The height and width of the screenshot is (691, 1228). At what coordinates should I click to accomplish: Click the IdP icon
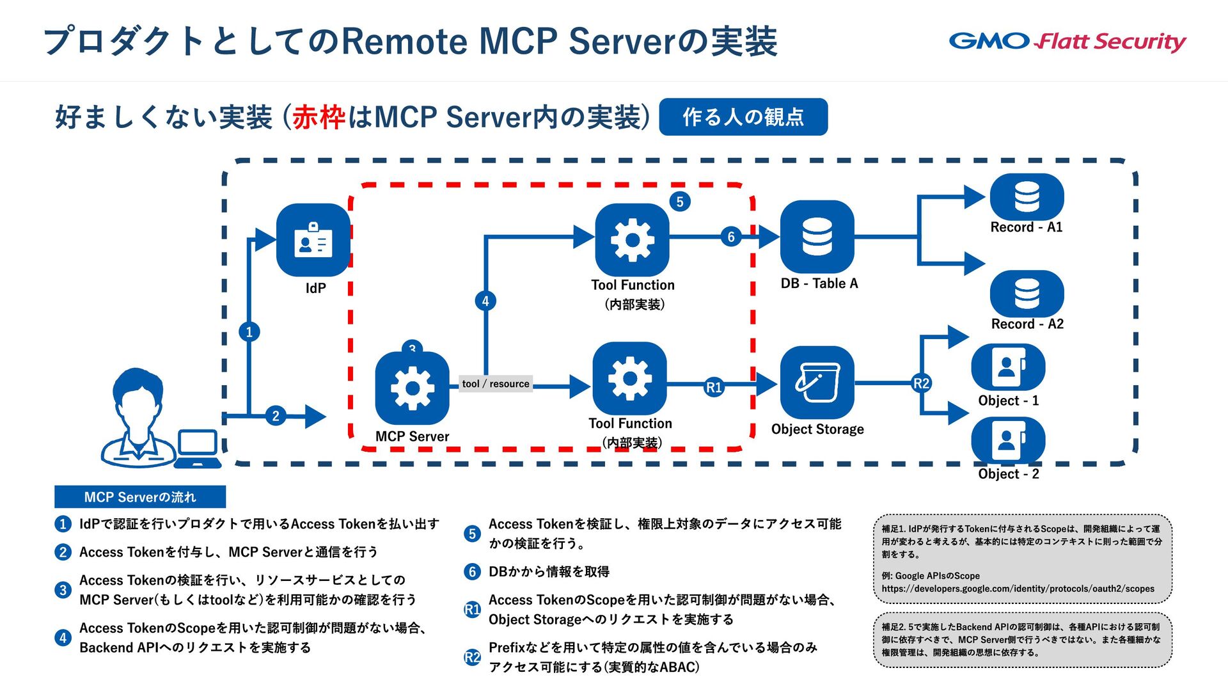point(313,240)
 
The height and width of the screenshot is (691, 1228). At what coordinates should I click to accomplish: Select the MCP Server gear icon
point(413,388)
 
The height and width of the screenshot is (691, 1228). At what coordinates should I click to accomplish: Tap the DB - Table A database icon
point(817,237)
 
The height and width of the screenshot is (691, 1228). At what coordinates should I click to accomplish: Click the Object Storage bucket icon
point(817,383)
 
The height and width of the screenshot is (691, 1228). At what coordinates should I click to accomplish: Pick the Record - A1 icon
point(1027,196)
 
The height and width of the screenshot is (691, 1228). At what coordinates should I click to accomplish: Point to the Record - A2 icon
point(1027,294)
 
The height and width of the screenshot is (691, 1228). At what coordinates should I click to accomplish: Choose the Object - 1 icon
point(1008,367)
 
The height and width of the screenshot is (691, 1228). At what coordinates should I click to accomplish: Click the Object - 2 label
point(1009,474)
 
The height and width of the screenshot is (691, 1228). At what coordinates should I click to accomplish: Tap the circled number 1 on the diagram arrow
point(249,331)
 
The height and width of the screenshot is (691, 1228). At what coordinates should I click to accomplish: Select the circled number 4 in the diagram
point(485,301)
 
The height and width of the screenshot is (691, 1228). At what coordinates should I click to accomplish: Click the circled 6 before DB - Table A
point(731,237)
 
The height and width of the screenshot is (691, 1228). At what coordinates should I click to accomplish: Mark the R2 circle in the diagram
point(921,383)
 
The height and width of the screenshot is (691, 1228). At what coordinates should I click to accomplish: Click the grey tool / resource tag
point(496,384)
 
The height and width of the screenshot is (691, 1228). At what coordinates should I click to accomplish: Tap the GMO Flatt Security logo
point(1067,42)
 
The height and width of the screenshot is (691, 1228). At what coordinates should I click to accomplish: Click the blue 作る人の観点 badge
point(743,117)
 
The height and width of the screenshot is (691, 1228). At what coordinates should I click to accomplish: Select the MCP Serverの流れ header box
point(140,497)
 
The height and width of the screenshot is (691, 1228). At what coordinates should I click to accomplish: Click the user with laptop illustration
point(160,418)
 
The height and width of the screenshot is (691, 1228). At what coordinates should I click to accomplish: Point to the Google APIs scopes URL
point(1018,589)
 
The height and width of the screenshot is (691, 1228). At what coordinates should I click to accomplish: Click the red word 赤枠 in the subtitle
point(319,118)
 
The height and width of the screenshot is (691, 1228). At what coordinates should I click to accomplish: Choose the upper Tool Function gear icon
point(632,240)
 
